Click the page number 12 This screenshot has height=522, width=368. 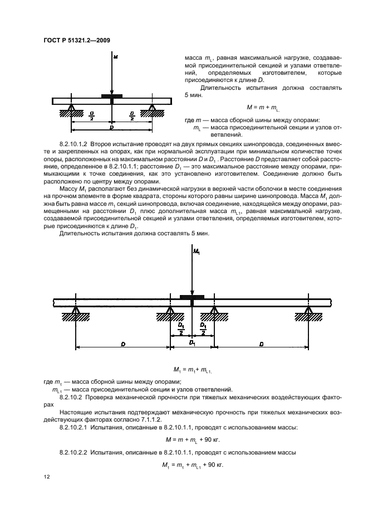point(47,477)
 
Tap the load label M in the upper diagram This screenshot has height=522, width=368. point(115,57)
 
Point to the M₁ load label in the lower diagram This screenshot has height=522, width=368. point(195,253)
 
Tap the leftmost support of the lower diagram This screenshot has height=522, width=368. point(76,313)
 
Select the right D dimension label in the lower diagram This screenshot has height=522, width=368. point(261,345)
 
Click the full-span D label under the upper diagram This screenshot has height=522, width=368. point(111,128)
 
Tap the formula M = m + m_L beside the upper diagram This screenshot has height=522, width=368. point(262,107)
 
